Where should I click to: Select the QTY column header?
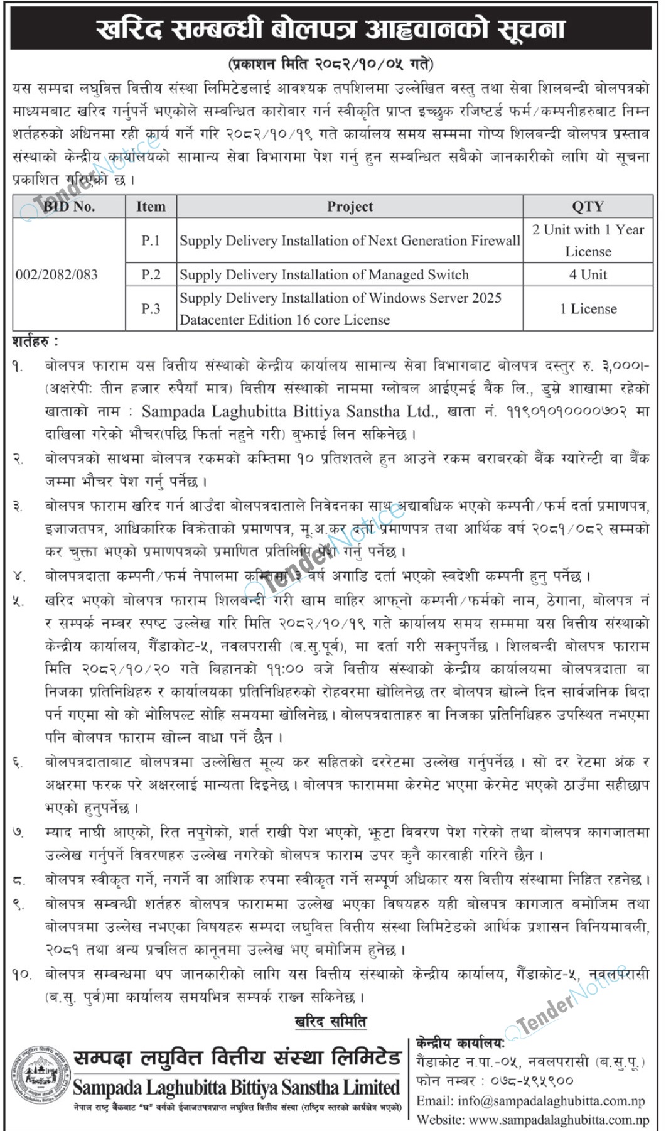coord(588,207)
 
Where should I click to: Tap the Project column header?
coord(350,207)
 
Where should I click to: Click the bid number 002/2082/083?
coord(56,274)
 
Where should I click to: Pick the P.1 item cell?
coord(151,241)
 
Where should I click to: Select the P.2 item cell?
coord(151,274)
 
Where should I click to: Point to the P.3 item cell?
coord(151,308)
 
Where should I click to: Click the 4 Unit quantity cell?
coord(588,274)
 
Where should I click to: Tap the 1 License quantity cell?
coord(588,308)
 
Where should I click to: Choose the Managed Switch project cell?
coord(324,274)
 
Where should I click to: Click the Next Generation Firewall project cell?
coord(350,241)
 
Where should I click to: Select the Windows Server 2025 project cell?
coord(340,308)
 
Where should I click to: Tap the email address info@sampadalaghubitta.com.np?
coord(531,1101)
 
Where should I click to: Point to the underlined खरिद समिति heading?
coord(331,1022)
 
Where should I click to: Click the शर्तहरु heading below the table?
coord(35,342)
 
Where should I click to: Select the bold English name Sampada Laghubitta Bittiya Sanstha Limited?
coord(236,1087)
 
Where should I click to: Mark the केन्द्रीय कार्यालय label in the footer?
coord(460,1043)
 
